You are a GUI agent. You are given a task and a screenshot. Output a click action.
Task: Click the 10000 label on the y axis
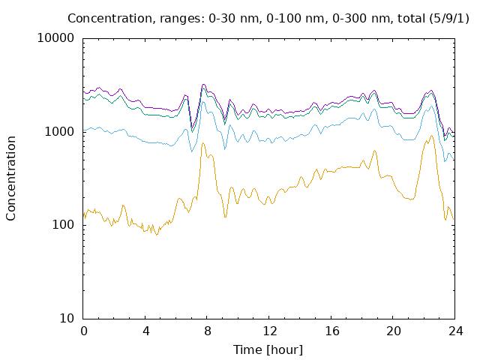pos(55,38)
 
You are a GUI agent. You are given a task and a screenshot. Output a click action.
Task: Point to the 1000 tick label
pos(59,132)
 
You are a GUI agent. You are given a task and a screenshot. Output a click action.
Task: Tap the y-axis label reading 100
pos(63,225)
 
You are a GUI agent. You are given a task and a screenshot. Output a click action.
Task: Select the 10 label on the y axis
pos(67,318)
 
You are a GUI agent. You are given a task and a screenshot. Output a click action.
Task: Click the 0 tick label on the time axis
pos(83,331)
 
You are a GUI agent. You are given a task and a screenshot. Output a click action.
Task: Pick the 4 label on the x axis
pos(145,331)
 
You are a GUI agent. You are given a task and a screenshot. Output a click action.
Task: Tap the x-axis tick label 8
pos(208,331)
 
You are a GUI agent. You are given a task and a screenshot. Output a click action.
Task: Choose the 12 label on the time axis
pos(270,331)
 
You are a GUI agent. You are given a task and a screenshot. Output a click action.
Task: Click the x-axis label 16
pos(331,331)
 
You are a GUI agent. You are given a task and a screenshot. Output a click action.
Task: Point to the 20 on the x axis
pos(394,331)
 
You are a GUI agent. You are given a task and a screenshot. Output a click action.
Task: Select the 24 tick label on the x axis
pos(456,331)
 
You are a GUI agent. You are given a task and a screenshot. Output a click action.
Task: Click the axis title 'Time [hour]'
pos(268,349)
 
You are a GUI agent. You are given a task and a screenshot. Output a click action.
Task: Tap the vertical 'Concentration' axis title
pos(10,178)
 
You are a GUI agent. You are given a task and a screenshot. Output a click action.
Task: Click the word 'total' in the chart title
pos(412,18)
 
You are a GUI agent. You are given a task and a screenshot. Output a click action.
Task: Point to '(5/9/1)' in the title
pos(449,18)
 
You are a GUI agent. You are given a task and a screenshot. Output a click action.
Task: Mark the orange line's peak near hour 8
pos(202,143)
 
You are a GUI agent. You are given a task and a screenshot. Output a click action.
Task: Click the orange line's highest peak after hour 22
pos(432,135)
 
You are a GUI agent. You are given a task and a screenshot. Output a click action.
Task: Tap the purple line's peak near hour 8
pos(203,84)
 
